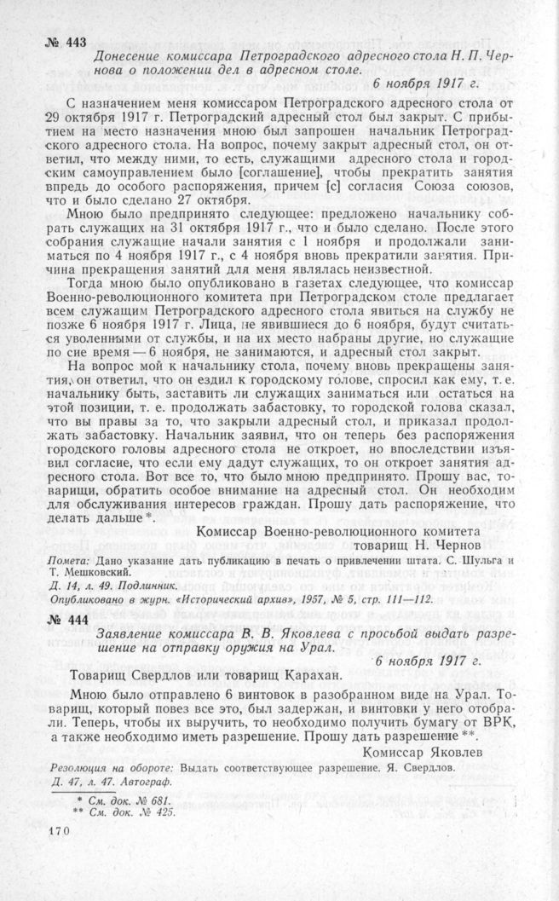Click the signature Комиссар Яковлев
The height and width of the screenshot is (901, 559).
(423, 753)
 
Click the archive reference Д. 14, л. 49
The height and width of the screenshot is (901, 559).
(86, 586)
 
